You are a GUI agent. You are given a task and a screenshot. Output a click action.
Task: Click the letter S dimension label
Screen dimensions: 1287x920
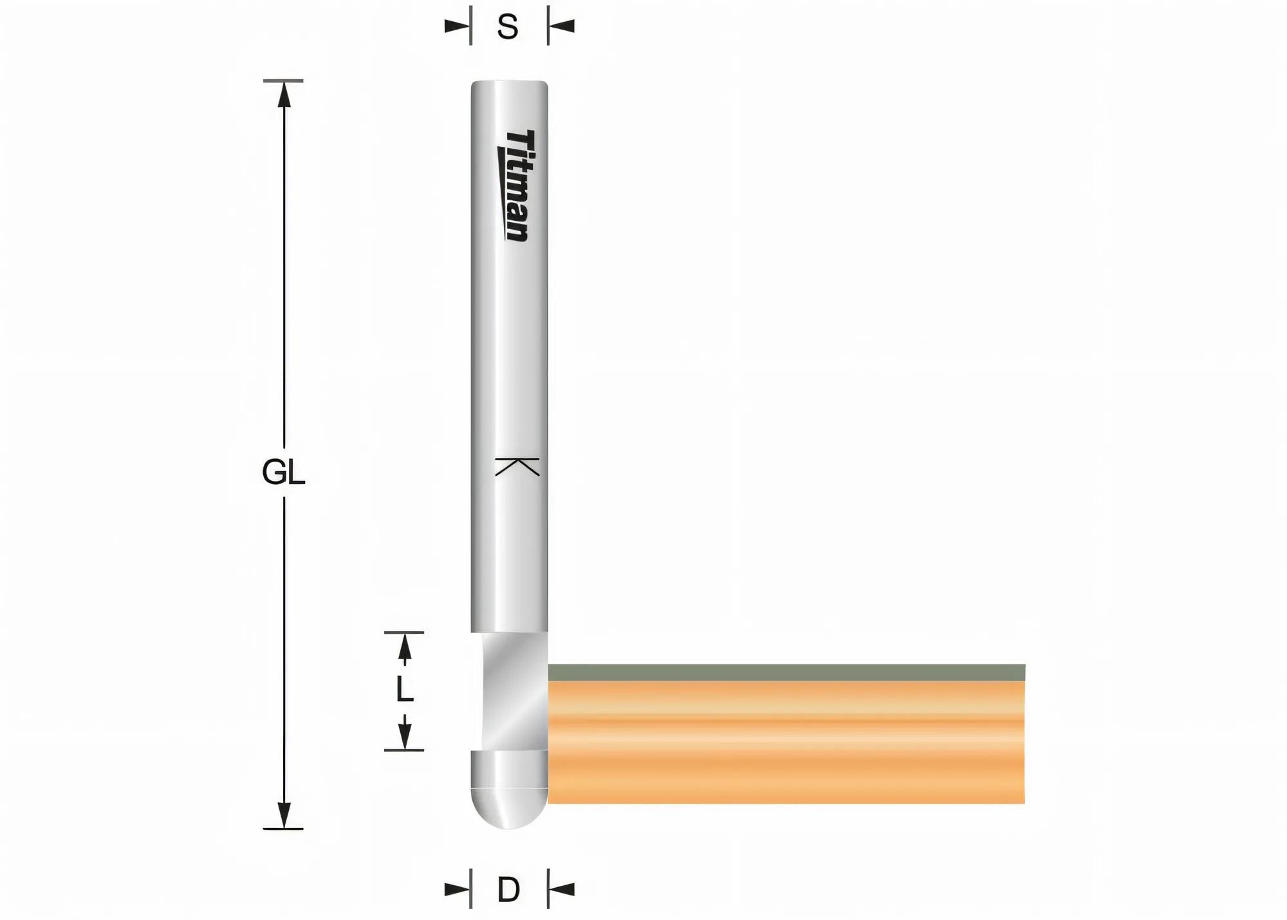(x=508, y=28)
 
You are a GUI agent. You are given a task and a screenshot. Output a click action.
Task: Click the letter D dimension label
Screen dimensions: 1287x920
(x=508, y=890)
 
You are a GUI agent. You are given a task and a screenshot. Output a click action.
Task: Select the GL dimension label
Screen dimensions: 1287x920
(x=283, y=473)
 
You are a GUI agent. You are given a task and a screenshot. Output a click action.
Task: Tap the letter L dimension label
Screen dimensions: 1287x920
(x=404, y=690)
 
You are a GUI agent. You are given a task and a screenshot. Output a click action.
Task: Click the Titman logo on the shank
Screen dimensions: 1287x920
(x=516, y=185)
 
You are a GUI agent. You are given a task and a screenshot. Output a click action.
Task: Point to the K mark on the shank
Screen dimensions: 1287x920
(x=517, y=466)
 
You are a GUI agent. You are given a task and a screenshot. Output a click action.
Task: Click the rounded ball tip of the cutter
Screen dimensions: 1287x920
(x=509, y=809)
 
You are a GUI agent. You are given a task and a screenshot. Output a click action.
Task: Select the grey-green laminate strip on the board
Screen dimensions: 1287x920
(x=786, y=673)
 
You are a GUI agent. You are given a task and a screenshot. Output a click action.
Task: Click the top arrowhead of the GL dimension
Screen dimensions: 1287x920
(x=284, y=94)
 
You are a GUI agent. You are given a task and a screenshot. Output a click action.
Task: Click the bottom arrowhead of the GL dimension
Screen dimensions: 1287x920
(x=284, y=816)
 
